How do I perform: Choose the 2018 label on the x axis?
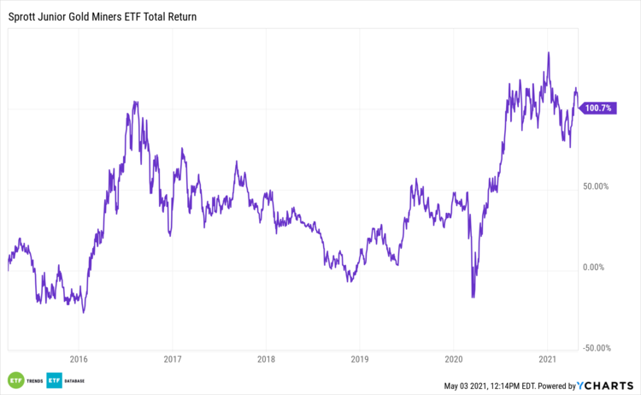pyautogui.click(x=267, y=359)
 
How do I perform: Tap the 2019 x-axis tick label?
pyautogui.click(x=360, y=359)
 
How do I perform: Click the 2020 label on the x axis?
pyautogui.click(x=454, y=359)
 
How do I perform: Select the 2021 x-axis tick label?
pyautogui.click(x=548, y=359)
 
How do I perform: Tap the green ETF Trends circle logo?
pyautogui.click(x=15, y=380)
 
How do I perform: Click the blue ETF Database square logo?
pyautogui.click(x=55, y=380)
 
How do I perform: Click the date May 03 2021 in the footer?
pyautogui.click(x=472, y=386)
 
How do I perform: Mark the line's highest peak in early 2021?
pyautogui.click(x=547, y=53)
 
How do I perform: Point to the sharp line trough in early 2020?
pyautogui.click(x=473, y=298)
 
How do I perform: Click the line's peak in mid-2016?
pyautogui.click(x=135, y=102)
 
